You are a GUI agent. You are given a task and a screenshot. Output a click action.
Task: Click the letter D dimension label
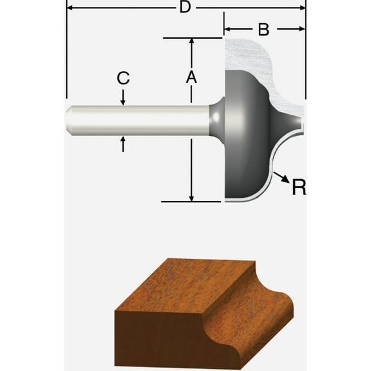tap(185, 8)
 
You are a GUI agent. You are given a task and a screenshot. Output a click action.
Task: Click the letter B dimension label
tap(263, 29)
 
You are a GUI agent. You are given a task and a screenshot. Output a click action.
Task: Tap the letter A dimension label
tap(191, 77)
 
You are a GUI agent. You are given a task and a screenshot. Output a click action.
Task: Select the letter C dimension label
tap(124, 79)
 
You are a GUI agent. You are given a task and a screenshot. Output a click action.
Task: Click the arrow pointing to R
tap(280, 176)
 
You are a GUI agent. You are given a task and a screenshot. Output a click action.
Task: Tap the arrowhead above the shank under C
tap(123, 100)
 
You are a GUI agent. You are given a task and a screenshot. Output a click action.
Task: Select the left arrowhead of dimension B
tap(227, 29)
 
